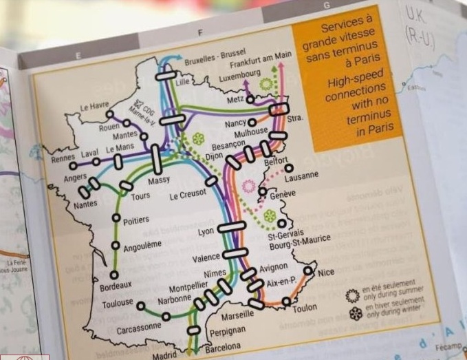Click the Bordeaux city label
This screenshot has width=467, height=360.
tap(115, 286)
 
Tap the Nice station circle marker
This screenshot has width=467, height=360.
tap(308, 271)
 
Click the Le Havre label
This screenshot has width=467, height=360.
tap(94, 107)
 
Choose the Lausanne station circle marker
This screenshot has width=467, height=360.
tap(289, 168)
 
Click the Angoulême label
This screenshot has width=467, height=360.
tap(142, 244)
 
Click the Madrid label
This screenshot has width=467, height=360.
tap(164, 356)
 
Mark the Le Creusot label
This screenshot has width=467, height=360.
tap(188, 196)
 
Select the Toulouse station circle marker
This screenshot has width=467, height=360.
tap(141, 306)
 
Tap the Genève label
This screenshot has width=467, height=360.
tap(283, 194)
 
